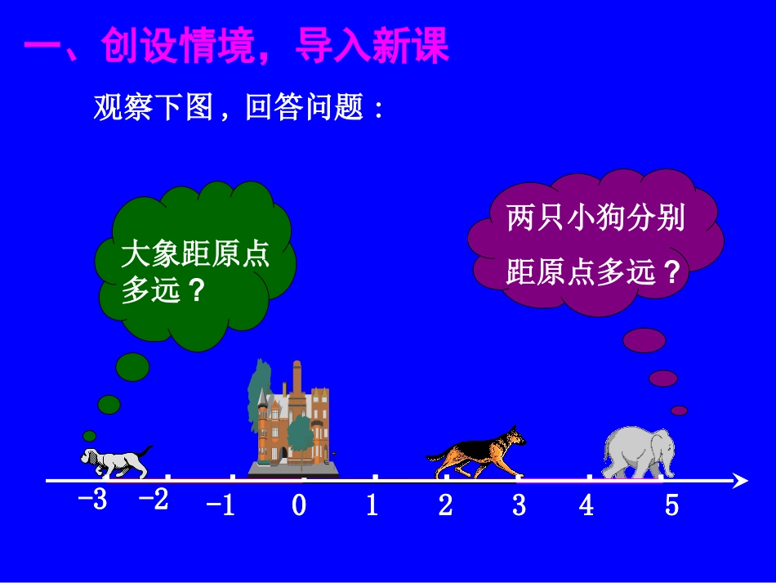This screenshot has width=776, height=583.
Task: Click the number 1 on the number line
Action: pos(372,505)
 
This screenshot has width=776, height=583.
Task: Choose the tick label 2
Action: pos(445,505)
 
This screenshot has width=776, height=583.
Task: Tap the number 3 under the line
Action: pos(519,505)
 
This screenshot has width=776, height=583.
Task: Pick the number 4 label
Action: pos(586,505)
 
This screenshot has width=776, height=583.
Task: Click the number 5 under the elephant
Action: pos(671,505)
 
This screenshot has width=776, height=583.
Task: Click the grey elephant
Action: pos(639,452)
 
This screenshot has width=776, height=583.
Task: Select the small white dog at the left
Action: pos(114,460)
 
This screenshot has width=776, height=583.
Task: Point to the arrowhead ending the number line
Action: pos(740,481)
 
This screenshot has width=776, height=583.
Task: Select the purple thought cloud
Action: pos(595,243)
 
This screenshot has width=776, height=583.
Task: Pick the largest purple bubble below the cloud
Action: pos(644,339)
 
